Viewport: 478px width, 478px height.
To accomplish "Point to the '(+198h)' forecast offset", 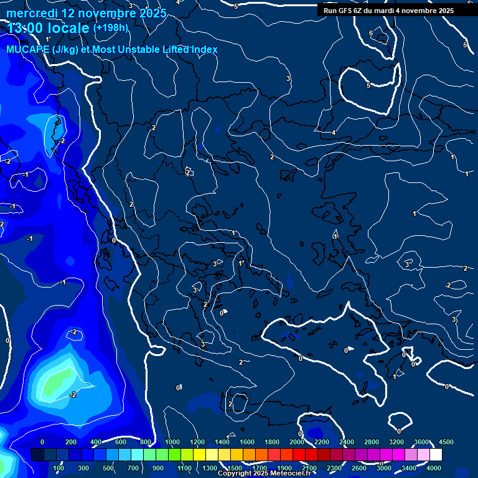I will (x=111, y=28).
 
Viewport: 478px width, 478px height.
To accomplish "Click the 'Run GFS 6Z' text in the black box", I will (x=342, y=11).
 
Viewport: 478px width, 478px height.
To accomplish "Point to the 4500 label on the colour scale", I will (x=446, y=441).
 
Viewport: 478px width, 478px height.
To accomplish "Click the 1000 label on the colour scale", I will (x=172, y=441).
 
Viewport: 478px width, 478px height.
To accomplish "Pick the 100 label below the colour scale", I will (x=59, y=468).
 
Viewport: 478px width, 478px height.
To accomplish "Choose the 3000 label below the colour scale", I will (x=384, y=468).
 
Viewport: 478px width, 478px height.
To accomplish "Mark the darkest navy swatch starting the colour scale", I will (x=37, y=455).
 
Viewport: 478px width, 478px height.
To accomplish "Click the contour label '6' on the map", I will (x=371, y=34).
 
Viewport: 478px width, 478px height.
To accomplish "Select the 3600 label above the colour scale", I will (x=421, y=441).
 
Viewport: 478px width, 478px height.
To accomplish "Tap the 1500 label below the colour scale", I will (x=235, y=468).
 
